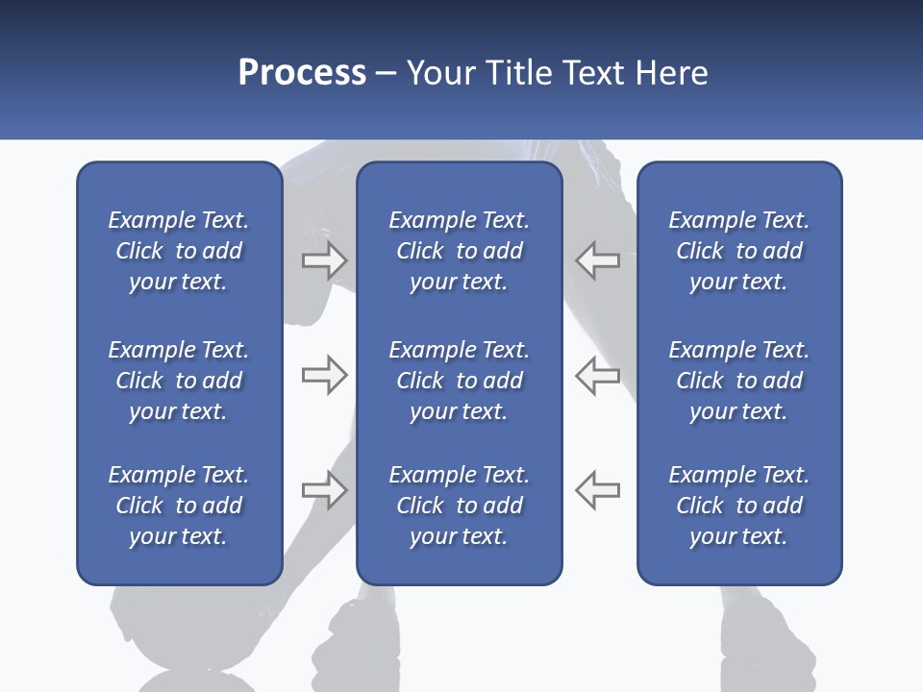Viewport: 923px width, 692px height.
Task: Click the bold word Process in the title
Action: pyautogui.click(x=302, y=73)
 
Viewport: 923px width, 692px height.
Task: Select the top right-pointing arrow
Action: pyautogui.click(x=324, y=260)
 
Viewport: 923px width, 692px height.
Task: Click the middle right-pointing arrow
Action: pyautogui.click(x=324, y=375)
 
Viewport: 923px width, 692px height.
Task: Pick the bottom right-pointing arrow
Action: pyautogui.click(x=324, y=490)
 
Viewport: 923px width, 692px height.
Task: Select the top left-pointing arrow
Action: pyautogui.click(x=597, y=260)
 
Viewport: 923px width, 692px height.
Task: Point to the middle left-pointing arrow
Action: pyautogui.click(x=597, y=375)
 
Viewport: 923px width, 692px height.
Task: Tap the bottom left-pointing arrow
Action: pyautogui.click(x=597, y=490)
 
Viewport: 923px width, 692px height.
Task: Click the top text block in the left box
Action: pyautogui.click(x=179, y=251)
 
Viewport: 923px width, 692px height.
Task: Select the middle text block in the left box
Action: pyautogui.click(x=179, y=381)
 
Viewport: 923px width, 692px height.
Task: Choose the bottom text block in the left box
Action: pyautogui.click(x=179, y=506)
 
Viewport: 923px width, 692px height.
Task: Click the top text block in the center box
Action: pyautogui.click(x=459, y=251)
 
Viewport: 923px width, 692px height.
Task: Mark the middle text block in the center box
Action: pyautogui.click(x=459, y=381)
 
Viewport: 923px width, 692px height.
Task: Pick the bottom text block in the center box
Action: pyautogui.click(x=459, y=506)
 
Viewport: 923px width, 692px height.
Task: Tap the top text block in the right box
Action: pyautogui.click(x=739, y=251)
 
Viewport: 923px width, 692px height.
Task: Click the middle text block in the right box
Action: pyautogui.click(x=739, y=381)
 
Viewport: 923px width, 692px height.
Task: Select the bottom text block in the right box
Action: pyautogui.click(x=739, y=506)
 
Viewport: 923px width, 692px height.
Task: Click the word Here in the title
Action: pyautogui.click(x=672, y=73)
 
